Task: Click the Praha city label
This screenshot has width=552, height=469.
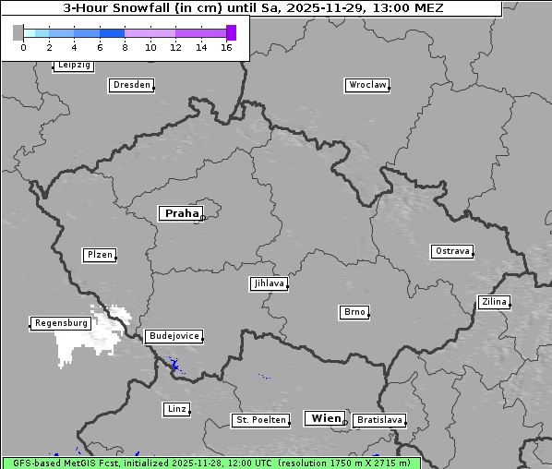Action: pyautogui.click(x=181, y=213)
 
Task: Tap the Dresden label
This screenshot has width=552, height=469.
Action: pyautogui.click(x=130, y=85)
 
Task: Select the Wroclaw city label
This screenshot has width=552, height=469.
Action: pyautogui.click(x=367, y=85)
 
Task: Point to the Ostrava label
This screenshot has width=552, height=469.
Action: pyautogui.click(x=452, y=251)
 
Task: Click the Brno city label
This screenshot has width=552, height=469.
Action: pyautogui.click(x=354, y=312)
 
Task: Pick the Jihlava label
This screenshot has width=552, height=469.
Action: pyautogui.click(x=268, y=283)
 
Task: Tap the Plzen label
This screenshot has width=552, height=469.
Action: pyautogui.click(x=99, y=255)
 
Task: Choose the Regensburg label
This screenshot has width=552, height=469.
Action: pyautogui.click(x=61, y=323)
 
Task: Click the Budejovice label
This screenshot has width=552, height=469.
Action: pyautogui.click(x=174, y=336)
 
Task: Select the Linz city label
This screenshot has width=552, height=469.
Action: pyautogui.click(x=176, y=408)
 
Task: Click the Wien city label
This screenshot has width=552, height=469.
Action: pyautogui.click(x=326, y=418)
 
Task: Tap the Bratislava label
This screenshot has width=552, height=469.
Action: pyautogui.click(x=379, y=420)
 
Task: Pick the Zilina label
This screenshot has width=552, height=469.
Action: pyautogui.click(x=493, y=302)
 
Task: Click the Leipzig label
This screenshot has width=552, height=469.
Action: pyautogui.click(x=73, y=66)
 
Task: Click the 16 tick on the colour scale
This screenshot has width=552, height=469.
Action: pyautogui.click(x=226, y=47)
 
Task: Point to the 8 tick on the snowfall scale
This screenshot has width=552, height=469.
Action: pyautogui.click(x=125, y=47)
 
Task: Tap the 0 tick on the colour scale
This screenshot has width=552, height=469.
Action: pyautogui.click(x=23, y=47)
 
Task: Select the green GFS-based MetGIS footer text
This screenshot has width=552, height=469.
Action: pyautogui.click(x=210, y=463)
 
